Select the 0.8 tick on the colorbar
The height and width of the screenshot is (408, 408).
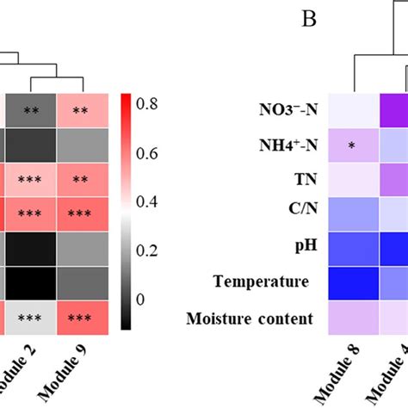[146, 104]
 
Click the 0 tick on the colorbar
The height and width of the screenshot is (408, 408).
[140, 299]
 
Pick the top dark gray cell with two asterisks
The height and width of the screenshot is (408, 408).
[33, 110]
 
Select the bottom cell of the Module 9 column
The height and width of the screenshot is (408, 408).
[83, 317]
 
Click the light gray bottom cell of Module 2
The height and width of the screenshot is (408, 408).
[33, 317]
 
